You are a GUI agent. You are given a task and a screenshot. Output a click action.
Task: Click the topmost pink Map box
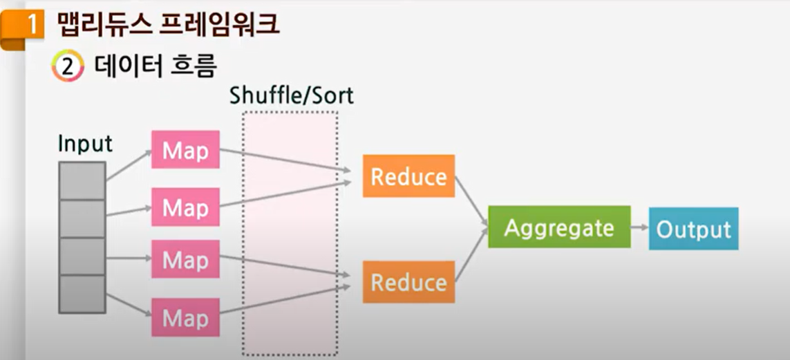click(x=185, y=149)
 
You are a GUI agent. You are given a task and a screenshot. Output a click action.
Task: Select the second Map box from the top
click(x=185, y=207)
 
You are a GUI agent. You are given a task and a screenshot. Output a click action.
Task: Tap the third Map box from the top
click(x=185, y=259)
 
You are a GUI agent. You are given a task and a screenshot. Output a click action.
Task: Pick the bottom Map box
click(x=185, y=317)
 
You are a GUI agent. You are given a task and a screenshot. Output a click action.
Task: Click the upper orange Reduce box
click(x=408, y=176)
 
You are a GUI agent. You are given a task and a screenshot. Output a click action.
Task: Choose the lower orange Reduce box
click(x=408, y=282)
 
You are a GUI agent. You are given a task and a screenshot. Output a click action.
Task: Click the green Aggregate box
click(x=559, y=227)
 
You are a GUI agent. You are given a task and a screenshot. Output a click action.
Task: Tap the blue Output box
click(x=693, y=229)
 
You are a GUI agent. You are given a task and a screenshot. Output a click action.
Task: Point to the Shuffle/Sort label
click(x=291, y=95)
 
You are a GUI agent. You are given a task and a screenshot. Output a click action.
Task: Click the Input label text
click(x=84, y=144)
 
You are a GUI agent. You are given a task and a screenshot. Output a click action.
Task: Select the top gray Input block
click(x=82, y=180)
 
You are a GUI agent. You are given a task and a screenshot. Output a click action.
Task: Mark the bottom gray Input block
click(x=82, y=294)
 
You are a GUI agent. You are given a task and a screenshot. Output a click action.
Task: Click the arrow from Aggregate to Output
click(x=639, y=228)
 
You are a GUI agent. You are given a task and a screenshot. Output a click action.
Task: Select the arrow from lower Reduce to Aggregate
click(x=471, y=257)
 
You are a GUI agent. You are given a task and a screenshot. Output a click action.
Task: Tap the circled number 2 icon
click(x=67, y=68)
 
